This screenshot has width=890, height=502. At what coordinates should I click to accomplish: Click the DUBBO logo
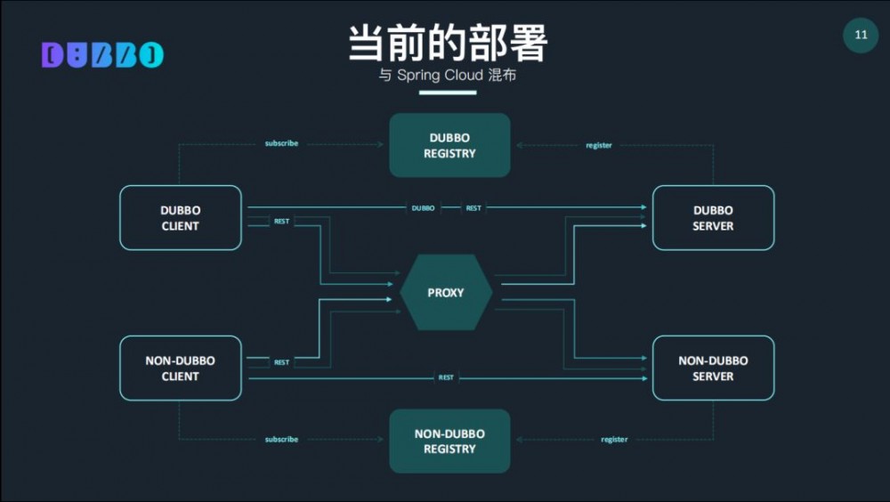[102, 55]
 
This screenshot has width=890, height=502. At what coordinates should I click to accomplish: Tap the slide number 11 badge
[861, 36]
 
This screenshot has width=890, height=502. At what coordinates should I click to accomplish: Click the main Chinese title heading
[447, 42]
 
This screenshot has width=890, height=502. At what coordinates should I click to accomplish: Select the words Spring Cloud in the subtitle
[441, 76]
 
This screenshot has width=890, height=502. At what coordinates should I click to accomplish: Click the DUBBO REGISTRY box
[449, 145]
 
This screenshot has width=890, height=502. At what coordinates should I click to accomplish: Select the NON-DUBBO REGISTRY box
[449, 441]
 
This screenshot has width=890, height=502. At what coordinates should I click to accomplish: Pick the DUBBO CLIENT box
[181, 218]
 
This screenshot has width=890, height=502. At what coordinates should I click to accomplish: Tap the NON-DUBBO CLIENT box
[181, 368]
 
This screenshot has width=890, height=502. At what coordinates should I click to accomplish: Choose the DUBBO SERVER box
[713, 218]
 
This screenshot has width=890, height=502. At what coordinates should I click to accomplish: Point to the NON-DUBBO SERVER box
[713, 368]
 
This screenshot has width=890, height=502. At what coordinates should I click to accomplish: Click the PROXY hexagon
[446, 293]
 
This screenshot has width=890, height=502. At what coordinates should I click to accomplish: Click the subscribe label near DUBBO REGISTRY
[281, 143]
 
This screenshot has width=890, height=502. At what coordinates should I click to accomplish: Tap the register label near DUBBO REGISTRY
[599, 145]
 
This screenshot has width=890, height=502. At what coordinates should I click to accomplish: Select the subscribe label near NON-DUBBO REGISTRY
[281, 440]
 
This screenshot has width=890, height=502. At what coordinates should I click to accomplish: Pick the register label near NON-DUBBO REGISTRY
[614, 440]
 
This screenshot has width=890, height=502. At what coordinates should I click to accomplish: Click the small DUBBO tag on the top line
[424, 208]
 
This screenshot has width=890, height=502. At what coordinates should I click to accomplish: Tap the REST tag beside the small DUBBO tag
[473, 208]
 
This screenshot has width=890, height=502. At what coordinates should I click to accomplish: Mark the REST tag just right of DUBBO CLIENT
[281, 222]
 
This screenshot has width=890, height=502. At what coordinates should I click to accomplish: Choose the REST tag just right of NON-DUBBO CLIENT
[281, 363]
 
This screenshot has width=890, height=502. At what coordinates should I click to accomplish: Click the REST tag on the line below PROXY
[446, 377]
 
